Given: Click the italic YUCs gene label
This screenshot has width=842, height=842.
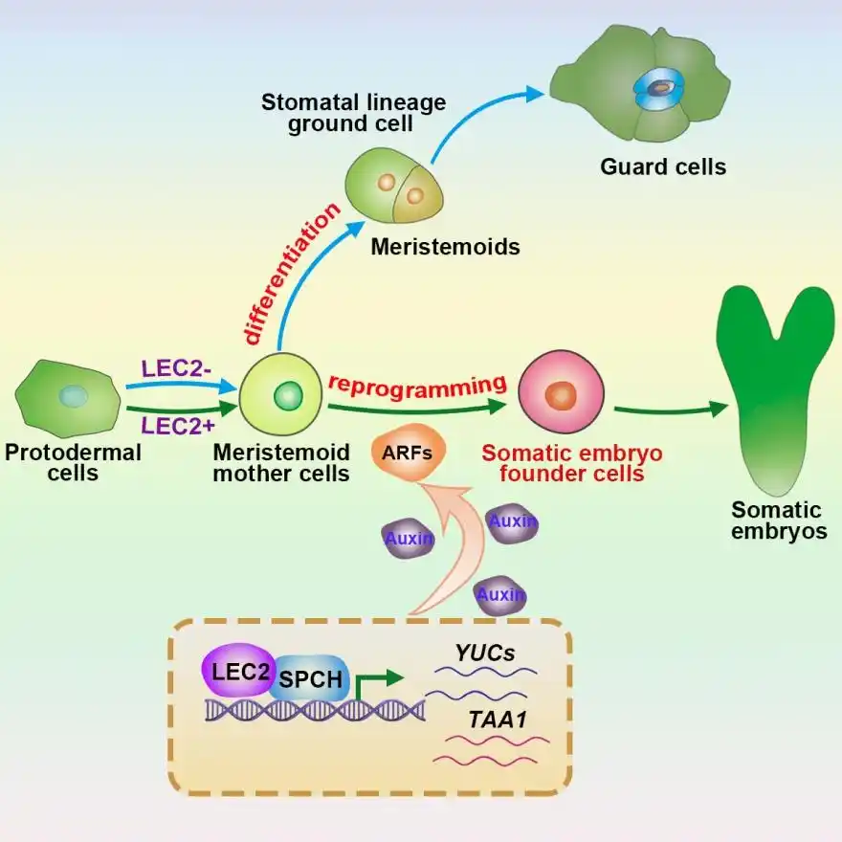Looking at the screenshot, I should click(x=485, y=654).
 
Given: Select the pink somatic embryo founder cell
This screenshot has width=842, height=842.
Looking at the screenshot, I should click(x=560, y=395).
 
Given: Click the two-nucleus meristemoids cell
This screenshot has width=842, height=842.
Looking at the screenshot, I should click(x=394, y=187).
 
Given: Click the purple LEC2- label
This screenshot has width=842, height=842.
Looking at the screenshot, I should click(x=176, y=368).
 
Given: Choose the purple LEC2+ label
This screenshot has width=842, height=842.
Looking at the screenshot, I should click(x=177, y=426).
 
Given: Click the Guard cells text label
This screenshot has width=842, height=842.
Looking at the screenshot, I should click(x=663, y=167).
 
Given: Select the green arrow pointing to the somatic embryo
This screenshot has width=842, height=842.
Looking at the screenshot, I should click(x=670, y=410).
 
